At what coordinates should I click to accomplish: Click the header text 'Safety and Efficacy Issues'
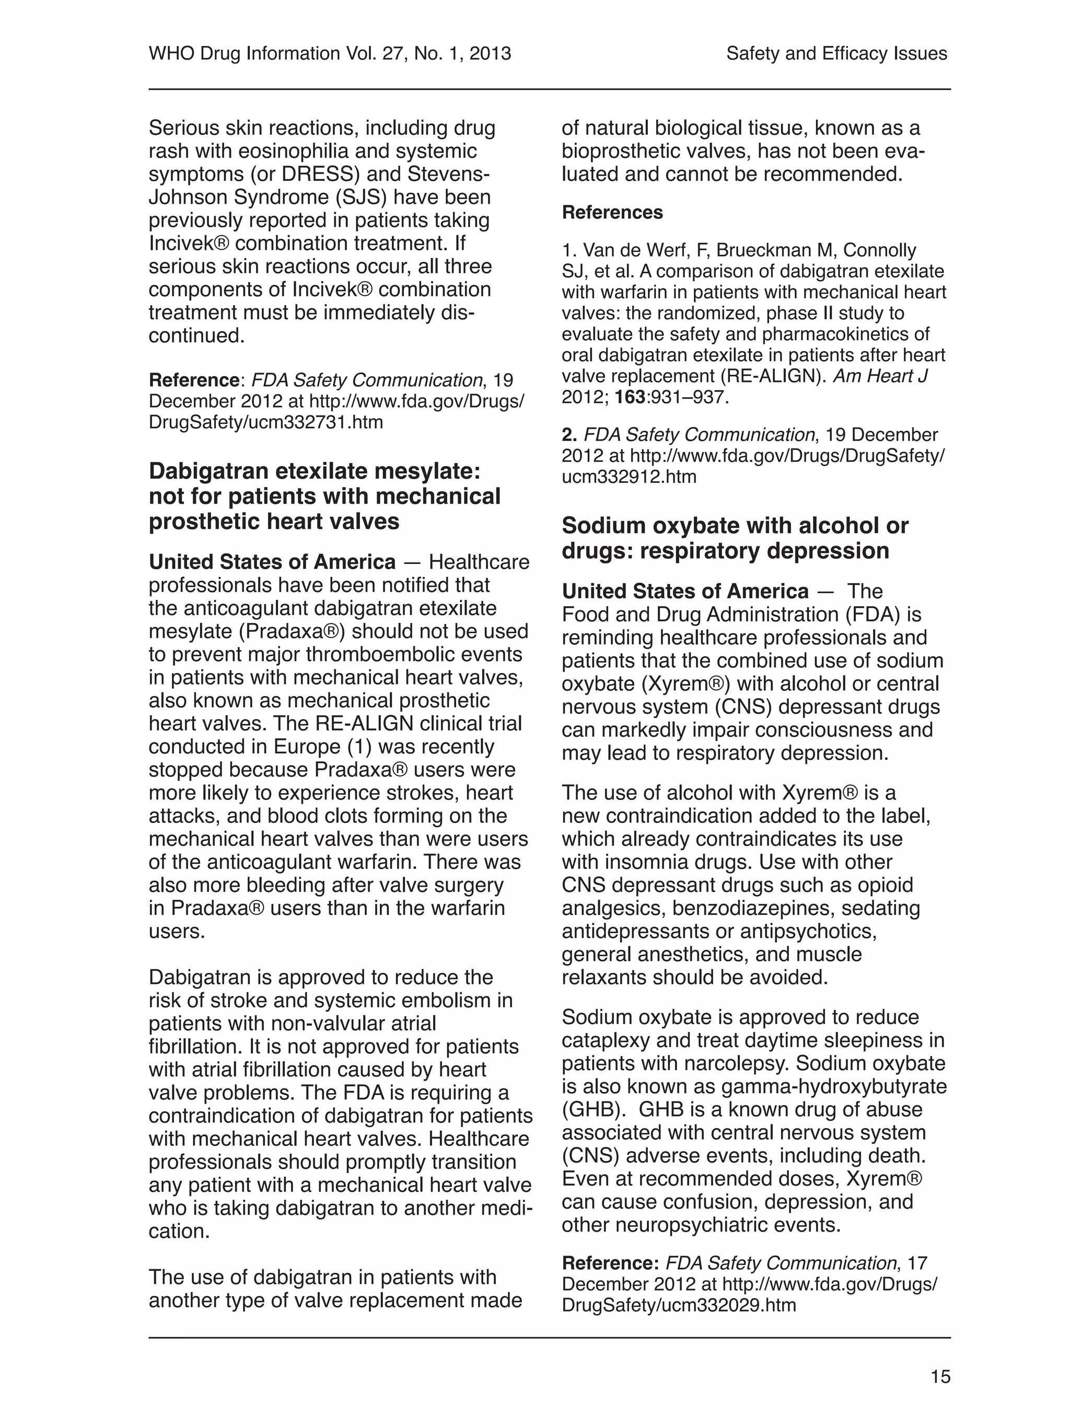[x=836, y=53]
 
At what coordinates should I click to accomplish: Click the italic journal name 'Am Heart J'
[x=880, y=376]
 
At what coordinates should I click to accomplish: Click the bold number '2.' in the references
[x=569, y=435]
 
